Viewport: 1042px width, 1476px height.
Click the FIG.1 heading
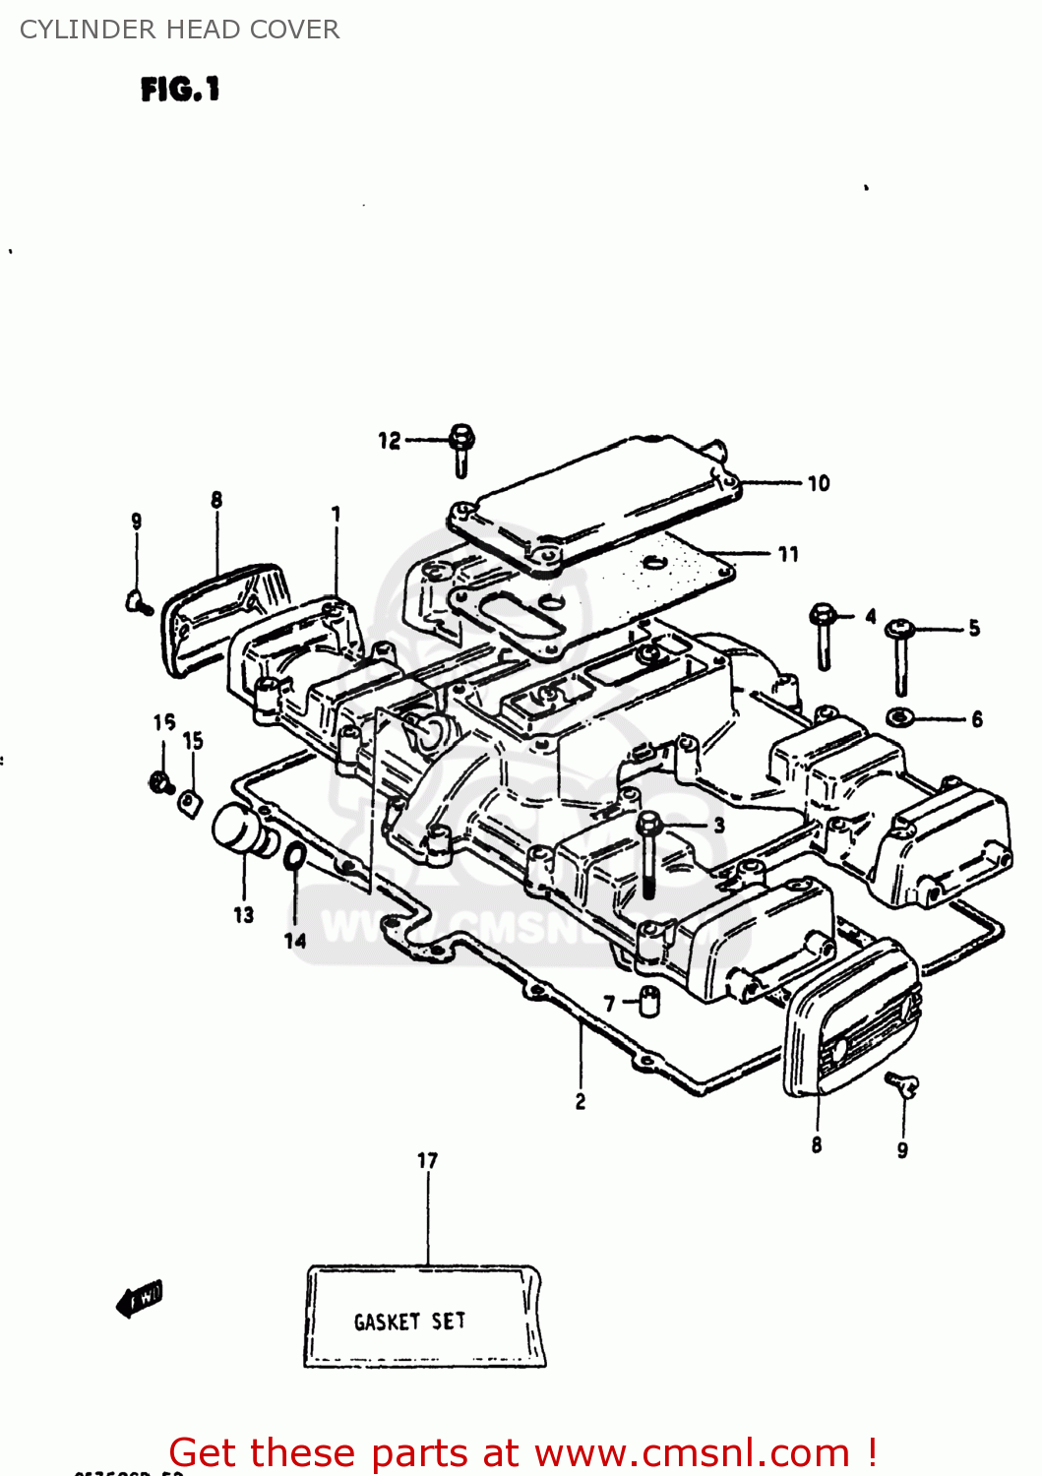coord(180,90)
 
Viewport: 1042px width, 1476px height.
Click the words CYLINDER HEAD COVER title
coord(179,30)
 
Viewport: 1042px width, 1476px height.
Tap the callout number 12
coord(390,441)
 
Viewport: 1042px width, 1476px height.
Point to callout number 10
coord(819,483)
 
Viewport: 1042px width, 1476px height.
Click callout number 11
coord(788,555)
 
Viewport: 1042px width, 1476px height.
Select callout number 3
coord(719,825)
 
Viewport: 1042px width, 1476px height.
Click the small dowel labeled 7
coord(649,1002)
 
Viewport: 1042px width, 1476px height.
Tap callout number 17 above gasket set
coord(427,1161)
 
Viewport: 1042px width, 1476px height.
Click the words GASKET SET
coord(409,1322)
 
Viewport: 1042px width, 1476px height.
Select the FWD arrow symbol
coord(140,1299)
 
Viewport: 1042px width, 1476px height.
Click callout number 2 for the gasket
coord(581,1102)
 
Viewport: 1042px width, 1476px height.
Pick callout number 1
coord(336,514)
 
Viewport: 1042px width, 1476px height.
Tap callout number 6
coord(977,719)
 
